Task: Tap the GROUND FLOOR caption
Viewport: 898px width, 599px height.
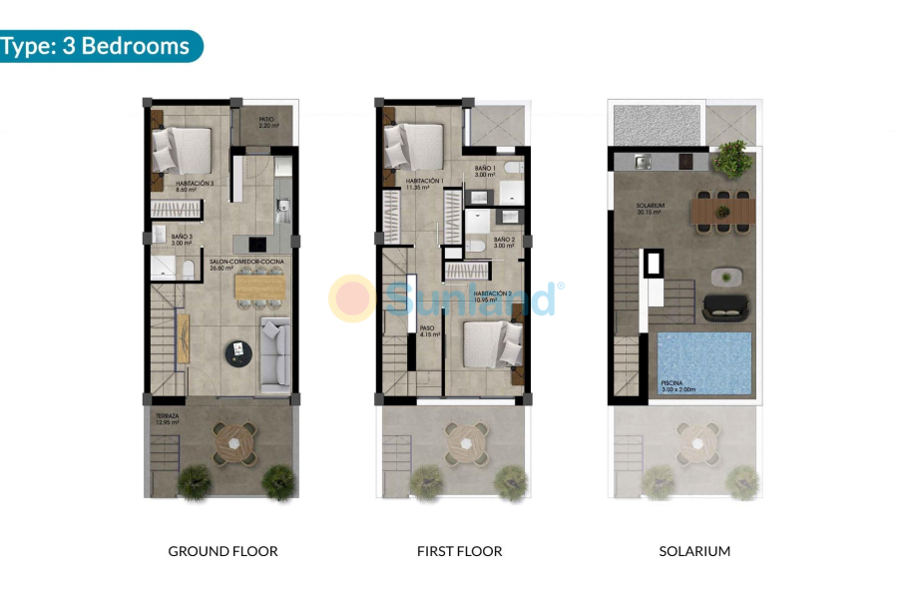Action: pos(223,551)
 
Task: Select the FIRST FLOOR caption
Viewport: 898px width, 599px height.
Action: pos(459,551)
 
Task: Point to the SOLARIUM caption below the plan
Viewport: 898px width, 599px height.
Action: pos(694,551)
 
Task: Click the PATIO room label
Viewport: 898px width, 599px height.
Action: pos(266,123)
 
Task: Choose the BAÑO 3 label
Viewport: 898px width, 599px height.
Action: pos(181,240)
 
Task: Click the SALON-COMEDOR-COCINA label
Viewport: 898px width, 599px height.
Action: pos(246,264)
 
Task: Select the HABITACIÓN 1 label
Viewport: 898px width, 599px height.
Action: pos(424,183)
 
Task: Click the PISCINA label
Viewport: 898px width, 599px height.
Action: pos(672,385)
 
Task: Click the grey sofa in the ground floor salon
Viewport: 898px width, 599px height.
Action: pos(274,353)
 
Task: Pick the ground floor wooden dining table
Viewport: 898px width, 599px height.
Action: pos(260,287)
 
